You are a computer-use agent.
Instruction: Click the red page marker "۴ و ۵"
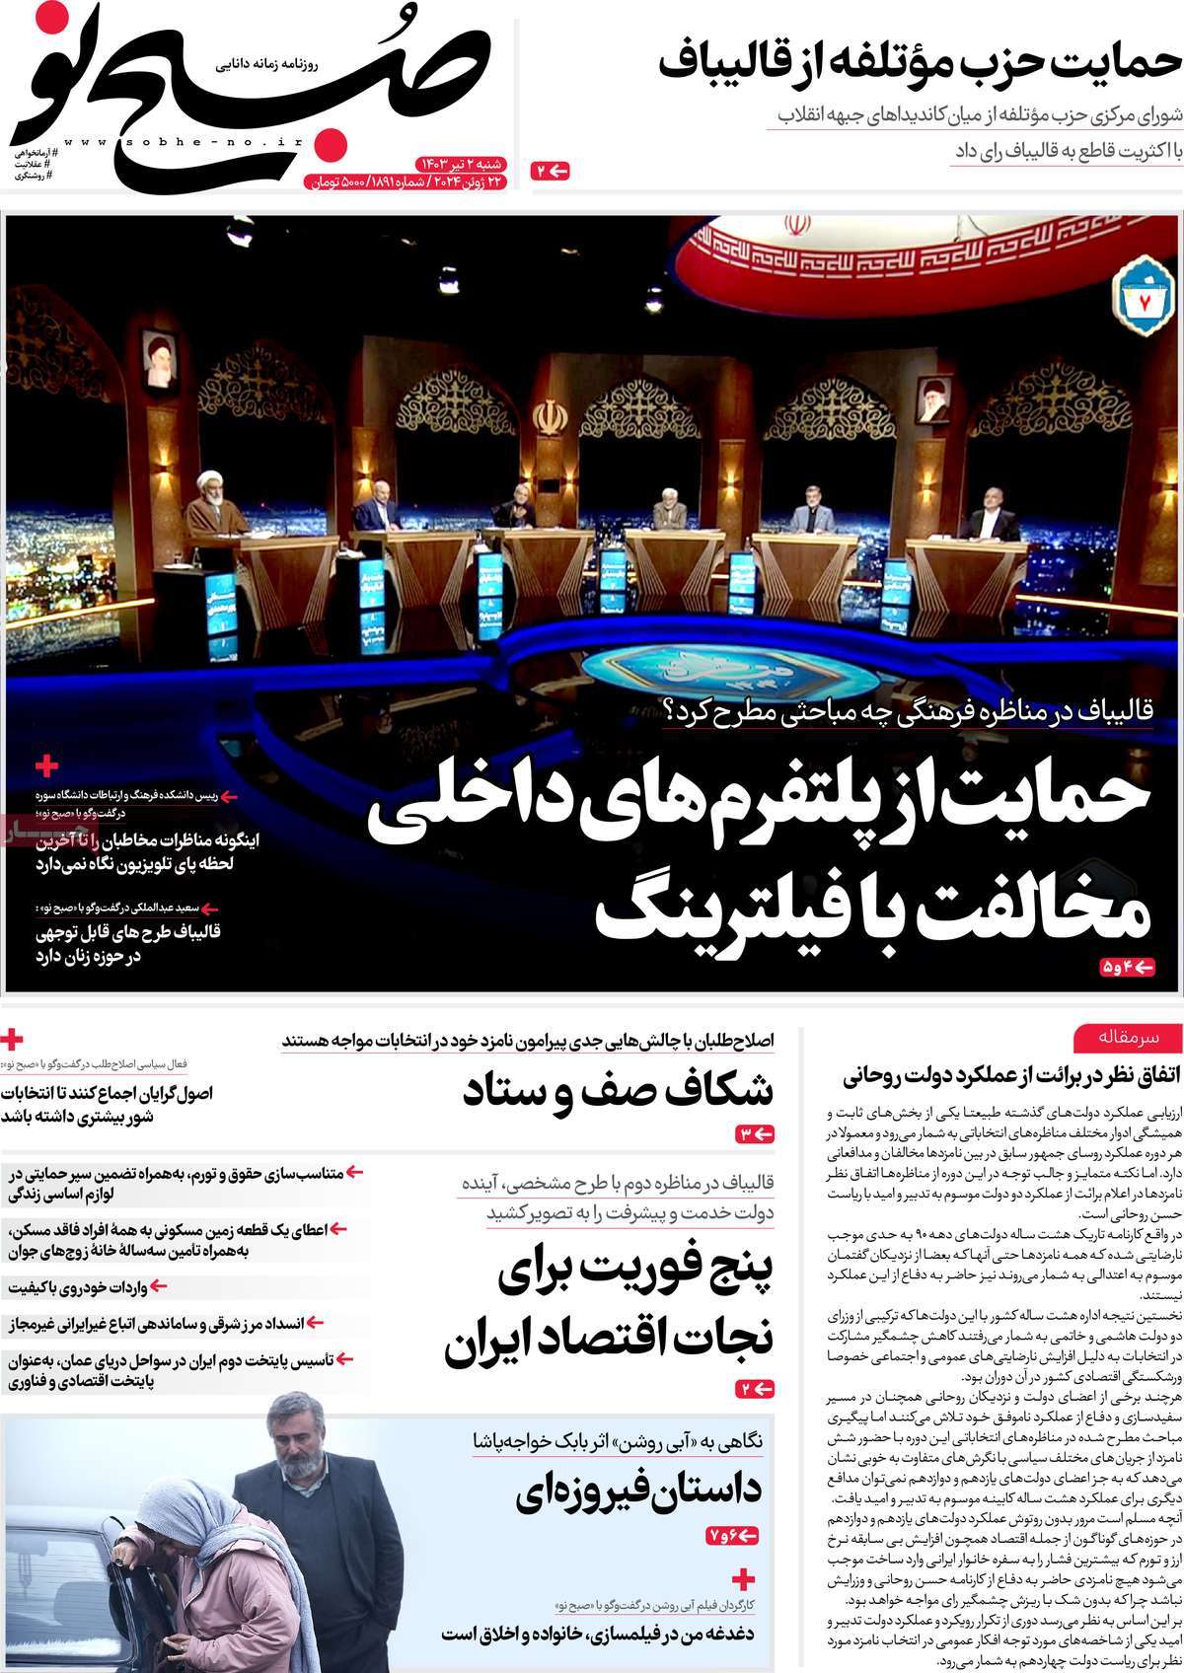[1126, 968]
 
